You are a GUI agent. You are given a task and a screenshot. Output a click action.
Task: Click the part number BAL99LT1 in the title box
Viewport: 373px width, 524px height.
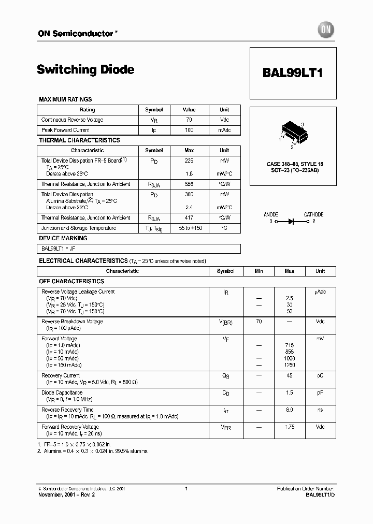tap(293, 73)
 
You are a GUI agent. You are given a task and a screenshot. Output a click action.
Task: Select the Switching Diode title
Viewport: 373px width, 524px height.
tap(85, 69)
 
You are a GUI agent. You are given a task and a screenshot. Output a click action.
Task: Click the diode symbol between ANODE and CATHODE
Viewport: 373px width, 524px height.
tap(291, 221)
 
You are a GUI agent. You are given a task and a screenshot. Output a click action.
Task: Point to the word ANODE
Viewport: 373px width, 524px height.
tap(271, 214)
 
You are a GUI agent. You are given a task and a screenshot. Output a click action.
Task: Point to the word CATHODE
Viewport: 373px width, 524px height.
tap(313, 214)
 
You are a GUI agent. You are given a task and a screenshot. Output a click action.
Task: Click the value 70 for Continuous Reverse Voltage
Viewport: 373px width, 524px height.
tap(189, 120)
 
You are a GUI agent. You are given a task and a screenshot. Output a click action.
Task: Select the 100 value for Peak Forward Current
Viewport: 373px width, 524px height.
tap(189, 130)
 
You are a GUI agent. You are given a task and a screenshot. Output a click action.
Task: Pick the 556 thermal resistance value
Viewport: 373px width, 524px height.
tap(189, 184)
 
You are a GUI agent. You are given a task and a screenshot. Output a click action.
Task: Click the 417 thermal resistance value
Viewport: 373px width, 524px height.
tap(189, 218)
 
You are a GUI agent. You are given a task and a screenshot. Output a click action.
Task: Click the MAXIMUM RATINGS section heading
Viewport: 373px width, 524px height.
tap(65, 99)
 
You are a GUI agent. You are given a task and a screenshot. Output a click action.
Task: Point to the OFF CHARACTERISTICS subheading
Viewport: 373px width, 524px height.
tap(71, 281)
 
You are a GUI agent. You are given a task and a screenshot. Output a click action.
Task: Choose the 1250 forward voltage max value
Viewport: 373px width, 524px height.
tap(290, 365)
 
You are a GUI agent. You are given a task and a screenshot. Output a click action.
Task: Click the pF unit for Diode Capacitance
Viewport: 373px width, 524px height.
tap(320, 392)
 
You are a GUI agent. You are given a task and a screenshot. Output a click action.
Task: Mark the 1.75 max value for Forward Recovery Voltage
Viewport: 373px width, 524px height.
tap(290, 427)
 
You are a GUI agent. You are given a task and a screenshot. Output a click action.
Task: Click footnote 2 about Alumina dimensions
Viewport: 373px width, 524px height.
tap(93, 451)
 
